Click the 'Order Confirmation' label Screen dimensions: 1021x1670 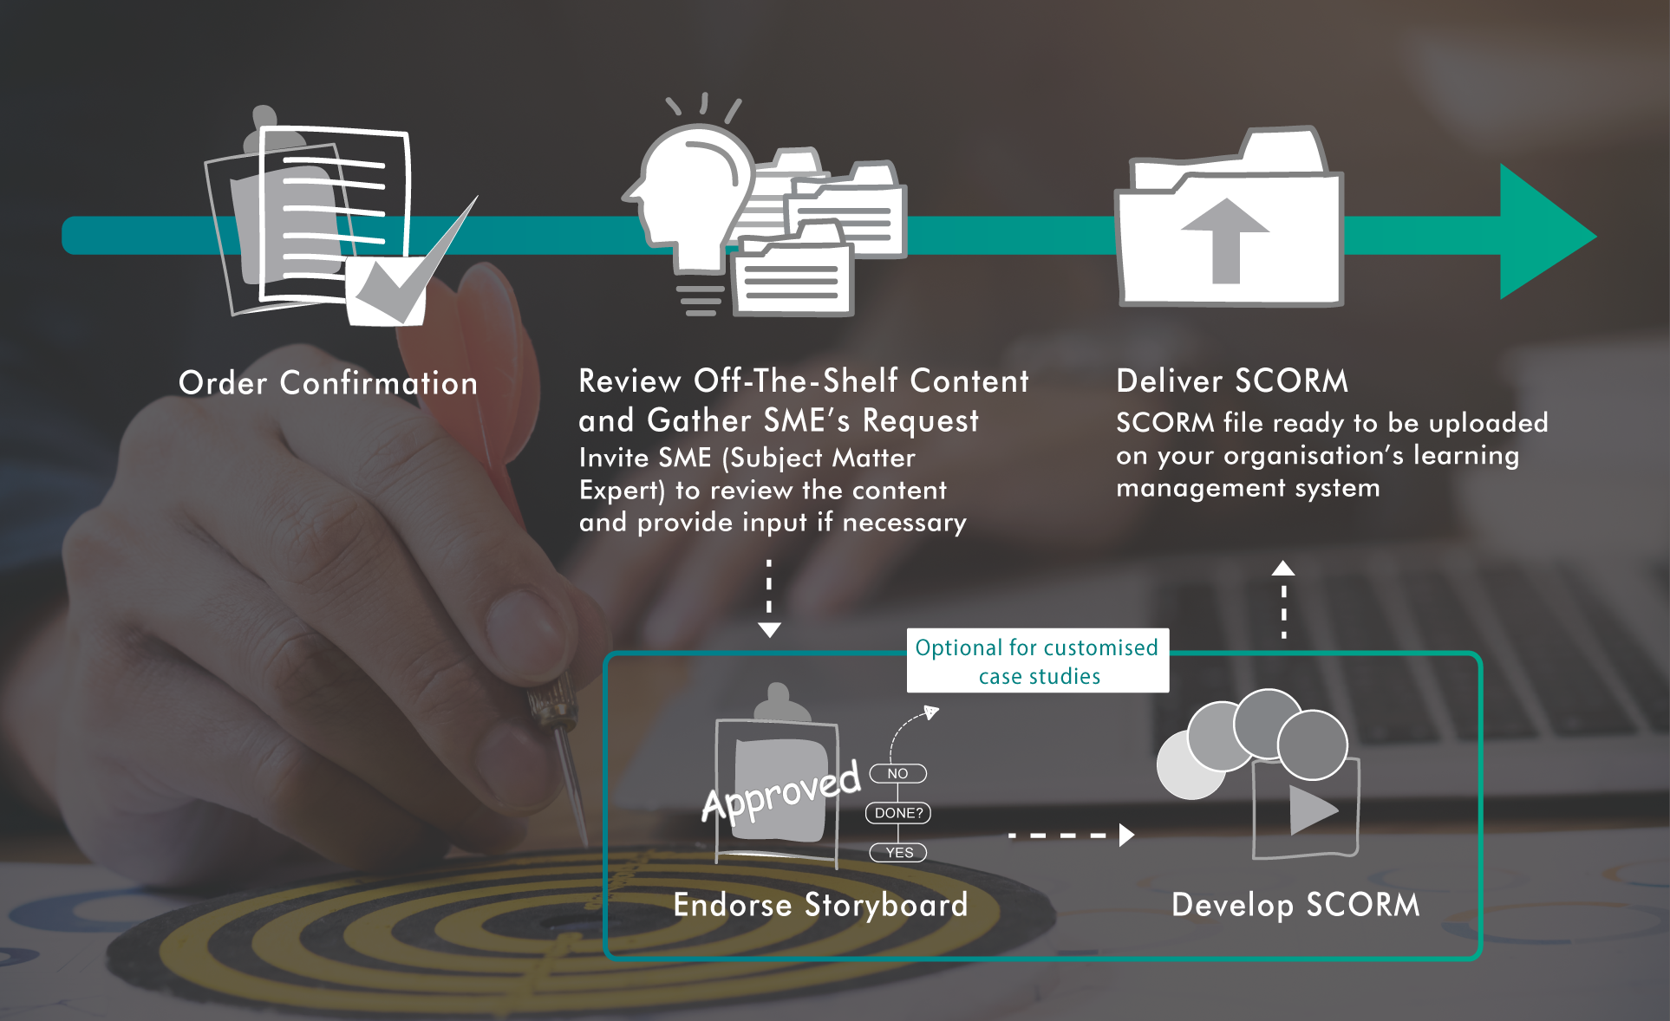pos(328,383)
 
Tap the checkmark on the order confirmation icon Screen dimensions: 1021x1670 pos(408,277)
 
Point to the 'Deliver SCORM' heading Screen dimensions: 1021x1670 pos(1231,381)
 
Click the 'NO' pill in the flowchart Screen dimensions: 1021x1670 pos(897,773)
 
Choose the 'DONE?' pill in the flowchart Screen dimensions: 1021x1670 pos(898,813)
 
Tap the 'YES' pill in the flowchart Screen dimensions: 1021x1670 pos(898,853)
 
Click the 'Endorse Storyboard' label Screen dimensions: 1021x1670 pos(820,905)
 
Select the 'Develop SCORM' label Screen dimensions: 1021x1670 pos(1295,905)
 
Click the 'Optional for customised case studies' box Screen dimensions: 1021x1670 pos(1037,661)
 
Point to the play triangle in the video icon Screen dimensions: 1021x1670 pos(1312,810)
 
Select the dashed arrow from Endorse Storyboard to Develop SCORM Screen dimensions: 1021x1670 pos(1071,836)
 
